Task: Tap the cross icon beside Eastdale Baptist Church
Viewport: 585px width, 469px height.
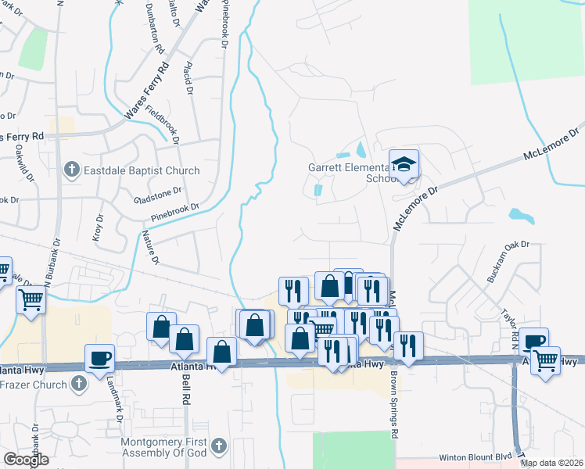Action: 71,170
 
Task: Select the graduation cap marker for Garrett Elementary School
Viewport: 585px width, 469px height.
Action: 404,164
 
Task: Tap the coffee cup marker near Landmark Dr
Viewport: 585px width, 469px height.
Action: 100,358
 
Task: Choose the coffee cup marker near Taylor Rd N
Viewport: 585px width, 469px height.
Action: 536,342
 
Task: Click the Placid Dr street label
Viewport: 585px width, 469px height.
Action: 188,79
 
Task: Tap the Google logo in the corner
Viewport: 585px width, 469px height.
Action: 26,460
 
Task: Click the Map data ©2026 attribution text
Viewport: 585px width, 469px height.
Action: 552,463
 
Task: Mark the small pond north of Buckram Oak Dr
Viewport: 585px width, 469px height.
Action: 519,213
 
